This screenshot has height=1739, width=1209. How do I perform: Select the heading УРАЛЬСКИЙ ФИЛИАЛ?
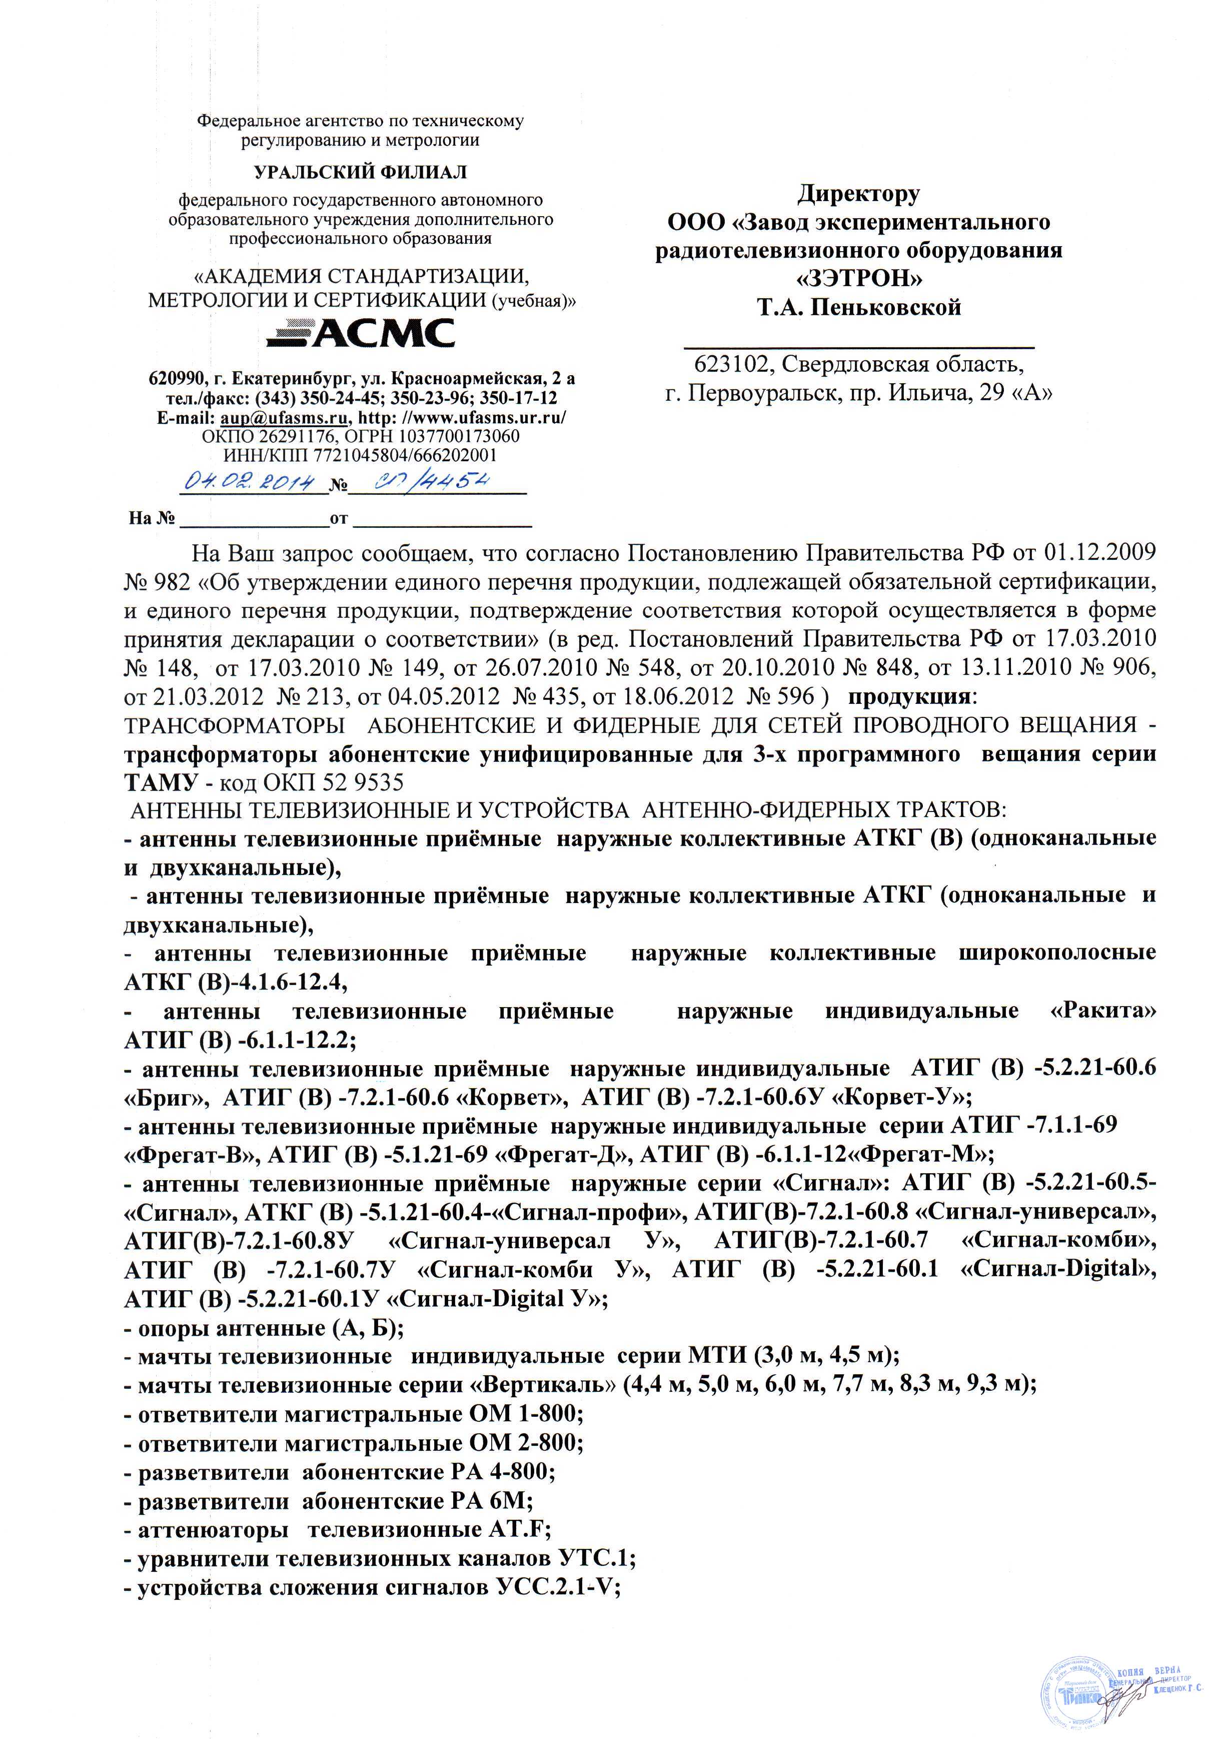361,172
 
